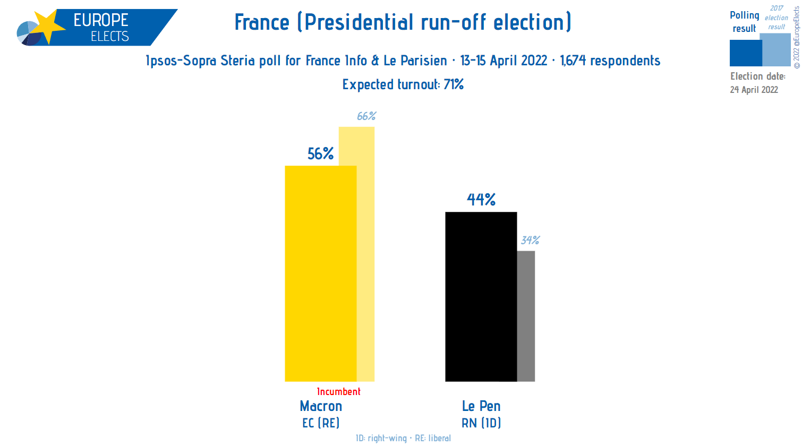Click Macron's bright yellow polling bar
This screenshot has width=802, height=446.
pyautogui.click(x=320, y=273)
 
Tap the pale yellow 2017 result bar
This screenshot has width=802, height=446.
pyautogui.click(x=365, y=255)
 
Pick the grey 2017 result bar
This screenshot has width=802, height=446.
pyautogui.click(x=526, y=316)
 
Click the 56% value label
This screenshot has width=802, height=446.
pyautogui.click(x=321, y=154)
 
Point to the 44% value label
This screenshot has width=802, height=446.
pyautogui.click(x=481, y=200)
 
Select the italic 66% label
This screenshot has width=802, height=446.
pyautogui.click(x=366, y=116)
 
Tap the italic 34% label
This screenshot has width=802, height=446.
pyautogui.click(x=530, y=241)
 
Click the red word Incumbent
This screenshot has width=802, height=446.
pyautogui.click(x=338, y=392)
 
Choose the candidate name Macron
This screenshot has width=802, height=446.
pyautogui.click(x=321, y=406)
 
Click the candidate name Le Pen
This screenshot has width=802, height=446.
pyautogui.click(x=481, y=406)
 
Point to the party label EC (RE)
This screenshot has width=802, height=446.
pyautogui.click(x=321, y=423)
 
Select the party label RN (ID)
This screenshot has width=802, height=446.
pyautogui.click(x=481, y=423)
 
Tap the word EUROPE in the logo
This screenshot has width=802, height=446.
pyautogui.click(x=101, y=20)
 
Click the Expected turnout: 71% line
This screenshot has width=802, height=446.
pyautogui.click(x=403, y=84)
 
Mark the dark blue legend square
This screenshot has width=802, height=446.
pyautogui.click(x=745, y=53)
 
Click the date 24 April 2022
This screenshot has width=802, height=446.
pyautogui.click(x=754, y=90)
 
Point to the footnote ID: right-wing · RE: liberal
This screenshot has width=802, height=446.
pyautogui.click(x=403, y=438)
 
